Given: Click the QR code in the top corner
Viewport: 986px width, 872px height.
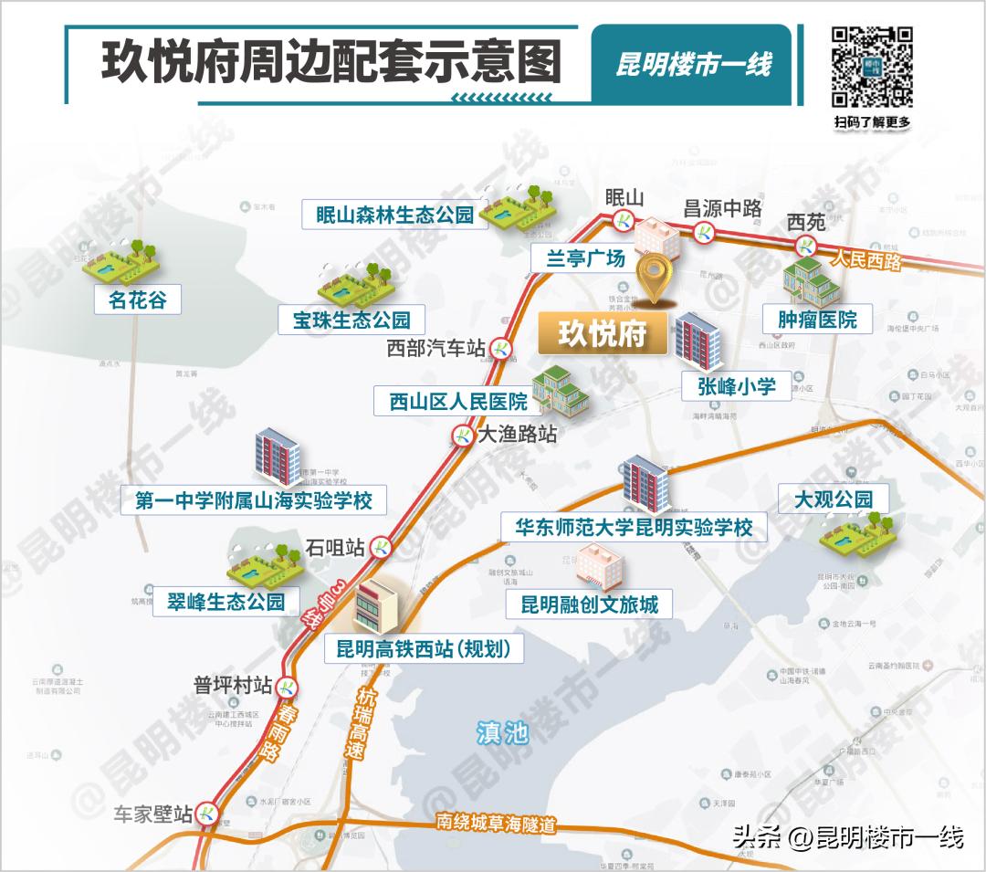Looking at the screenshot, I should coord(872,67).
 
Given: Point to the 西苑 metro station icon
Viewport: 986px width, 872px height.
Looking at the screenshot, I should coord(805,245).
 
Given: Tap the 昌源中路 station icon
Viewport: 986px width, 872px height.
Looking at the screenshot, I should coord(706,232).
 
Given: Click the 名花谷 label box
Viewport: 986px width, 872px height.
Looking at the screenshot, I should coord(138,299).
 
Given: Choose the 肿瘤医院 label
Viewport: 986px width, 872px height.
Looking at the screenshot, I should coord(817,320).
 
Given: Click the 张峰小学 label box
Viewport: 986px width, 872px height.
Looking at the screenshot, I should coord(737,386).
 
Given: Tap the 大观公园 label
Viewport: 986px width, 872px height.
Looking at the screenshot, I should coord(833,499).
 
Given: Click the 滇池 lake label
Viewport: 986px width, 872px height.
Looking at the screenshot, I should coord(502,731).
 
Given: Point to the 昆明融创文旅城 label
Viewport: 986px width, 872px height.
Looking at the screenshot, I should coord(589,604).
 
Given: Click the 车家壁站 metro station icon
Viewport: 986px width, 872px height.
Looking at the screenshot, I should coord(208,812).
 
